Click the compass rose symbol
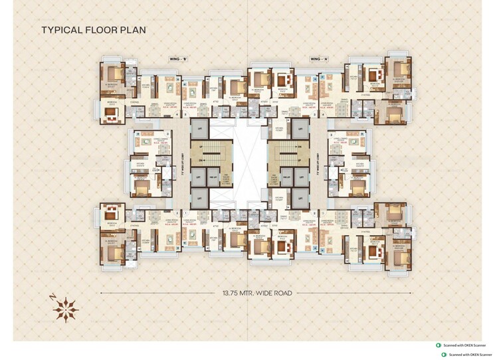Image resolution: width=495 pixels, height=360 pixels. coord(66,308)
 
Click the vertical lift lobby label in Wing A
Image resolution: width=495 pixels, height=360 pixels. coord(319,161)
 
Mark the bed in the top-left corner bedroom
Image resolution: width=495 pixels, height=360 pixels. coord(116,73)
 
